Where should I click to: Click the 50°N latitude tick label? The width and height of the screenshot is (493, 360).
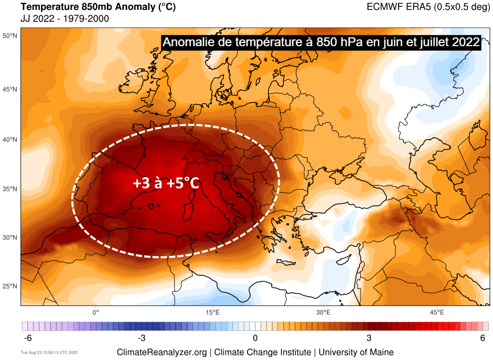(10, 36)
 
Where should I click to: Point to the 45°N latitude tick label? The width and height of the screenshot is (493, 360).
(10, 89)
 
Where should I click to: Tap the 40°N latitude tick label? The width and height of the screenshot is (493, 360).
(10, 140)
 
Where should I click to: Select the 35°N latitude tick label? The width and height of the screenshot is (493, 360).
(10, 189)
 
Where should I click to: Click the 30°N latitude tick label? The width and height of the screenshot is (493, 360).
(10, 238)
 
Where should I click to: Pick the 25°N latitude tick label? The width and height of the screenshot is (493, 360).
(10, 286)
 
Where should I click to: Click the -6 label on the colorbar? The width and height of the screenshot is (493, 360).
(29, 338)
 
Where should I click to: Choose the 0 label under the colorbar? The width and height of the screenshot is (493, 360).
(255, 338)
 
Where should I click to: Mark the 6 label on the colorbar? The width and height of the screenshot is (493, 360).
(483, 338)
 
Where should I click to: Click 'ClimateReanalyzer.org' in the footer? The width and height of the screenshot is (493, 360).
(162, 352)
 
